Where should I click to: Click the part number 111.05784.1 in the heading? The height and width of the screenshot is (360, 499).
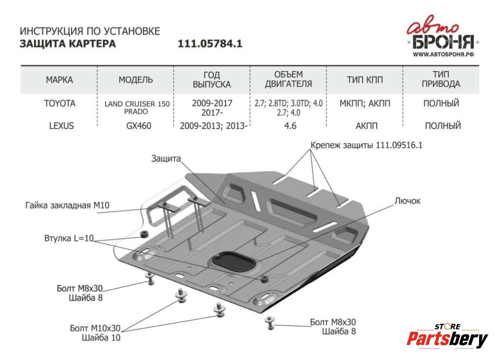click(210, 43)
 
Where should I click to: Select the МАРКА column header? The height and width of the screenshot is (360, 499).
click(59, 80)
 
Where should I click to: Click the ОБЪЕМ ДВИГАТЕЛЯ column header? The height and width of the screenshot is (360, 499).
click(288, 79)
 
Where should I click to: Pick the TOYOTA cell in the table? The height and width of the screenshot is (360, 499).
click(60, 104)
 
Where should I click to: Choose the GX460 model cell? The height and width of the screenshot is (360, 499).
click(139, 126)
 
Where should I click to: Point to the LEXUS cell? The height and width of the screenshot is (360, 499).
click(61, 126)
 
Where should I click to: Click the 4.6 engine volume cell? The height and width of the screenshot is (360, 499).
click(290, 126)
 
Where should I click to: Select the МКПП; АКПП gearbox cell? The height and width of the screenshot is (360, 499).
click(365, 104)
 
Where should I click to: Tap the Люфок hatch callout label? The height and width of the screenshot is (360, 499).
click(407, 201)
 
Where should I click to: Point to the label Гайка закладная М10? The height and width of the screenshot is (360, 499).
click(67, 206)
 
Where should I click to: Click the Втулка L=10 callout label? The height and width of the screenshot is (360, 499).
click(69, 238)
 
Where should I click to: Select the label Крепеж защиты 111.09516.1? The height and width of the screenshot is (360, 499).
click(366, 145)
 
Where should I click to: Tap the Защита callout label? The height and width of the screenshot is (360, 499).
click(166, 159)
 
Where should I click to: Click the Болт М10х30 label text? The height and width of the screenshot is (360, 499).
click(95, 328)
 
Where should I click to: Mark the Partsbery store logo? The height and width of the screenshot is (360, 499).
click(447, 337)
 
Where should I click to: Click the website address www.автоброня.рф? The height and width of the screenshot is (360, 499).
click(443, 55)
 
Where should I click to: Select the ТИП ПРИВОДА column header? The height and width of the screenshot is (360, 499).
click(441, 79)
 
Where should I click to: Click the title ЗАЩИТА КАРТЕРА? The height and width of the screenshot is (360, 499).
click(68, 43)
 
